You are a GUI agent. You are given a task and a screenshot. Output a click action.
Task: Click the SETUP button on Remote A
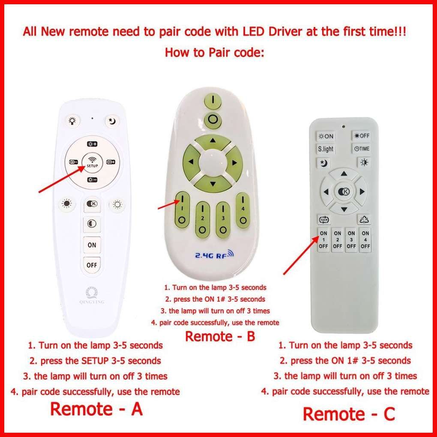click(x=92, y=162)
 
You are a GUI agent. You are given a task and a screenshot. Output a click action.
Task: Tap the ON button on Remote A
click(x=92, y=245)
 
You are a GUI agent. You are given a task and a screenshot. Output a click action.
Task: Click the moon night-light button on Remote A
click(x=112, y=121)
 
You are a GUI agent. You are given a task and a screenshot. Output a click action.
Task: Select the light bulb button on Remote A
click(x=72, y=121)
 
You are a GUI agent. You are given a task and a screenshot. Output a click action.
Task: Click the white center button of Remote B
click(x=213, y=162)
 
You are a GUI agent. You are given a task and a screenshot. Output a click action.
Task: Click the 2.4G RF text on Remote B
click(x=214, y=254)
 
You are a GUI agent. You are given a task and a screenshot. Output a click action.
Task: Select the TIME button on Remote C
click(x=362, y=149)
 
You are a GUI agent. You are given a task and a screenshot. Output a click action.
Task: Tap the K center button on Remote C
click(x=344, y=192)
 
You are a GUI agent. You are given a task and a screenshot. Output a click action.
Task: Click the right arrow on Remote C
click(x=362, y=192)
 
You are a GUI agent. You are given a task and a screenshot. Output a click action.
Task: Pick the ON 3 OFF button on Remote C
click(x=351, y=239)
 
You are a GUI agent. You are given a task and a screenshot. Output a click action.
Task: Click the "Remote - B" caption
click(x=220, y=336)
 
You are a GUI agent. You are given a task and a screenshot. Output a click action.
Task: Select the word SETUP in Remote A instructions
click(x=95, y=361)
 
